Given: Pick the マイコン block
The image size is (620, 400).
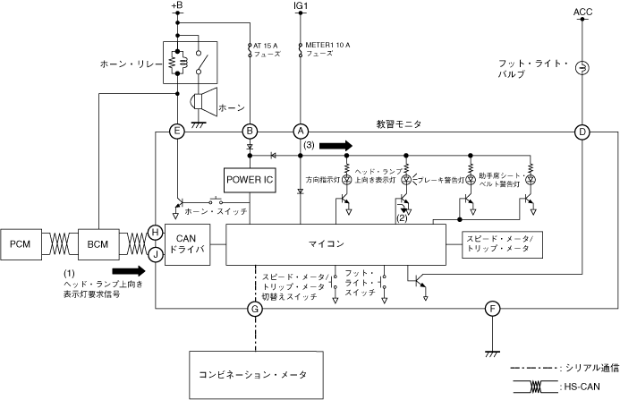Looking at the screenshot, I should pos(335,243).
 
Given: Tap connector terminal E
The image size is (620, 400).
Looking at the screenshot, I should pos(177,132).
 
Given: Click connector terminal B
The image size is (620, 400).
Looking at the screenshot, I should pos(251,132).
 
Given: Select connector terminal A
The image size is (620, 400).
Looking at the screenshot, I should pos(301,132).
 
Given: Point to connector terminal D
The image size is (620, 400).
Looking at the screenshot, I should pos(582,132).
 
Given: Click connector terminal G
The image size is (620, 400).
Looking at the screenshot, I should pos(255,310).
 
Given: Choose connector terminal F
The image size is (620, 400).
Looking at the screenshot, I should pos(491,310).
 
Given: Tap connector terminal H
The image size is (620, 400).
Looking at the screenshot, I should pos(156,232).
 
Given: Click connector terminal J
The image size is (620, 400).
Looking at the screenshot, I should pos(156,253).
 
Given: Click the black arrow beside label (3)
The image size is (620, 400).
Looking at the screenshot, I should pos(336,145).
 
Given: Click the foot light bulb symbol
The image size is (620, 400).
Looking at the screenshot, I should pos(582,68).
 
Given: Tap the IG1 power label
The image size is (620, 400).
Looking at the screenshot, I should pos(301,6).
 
